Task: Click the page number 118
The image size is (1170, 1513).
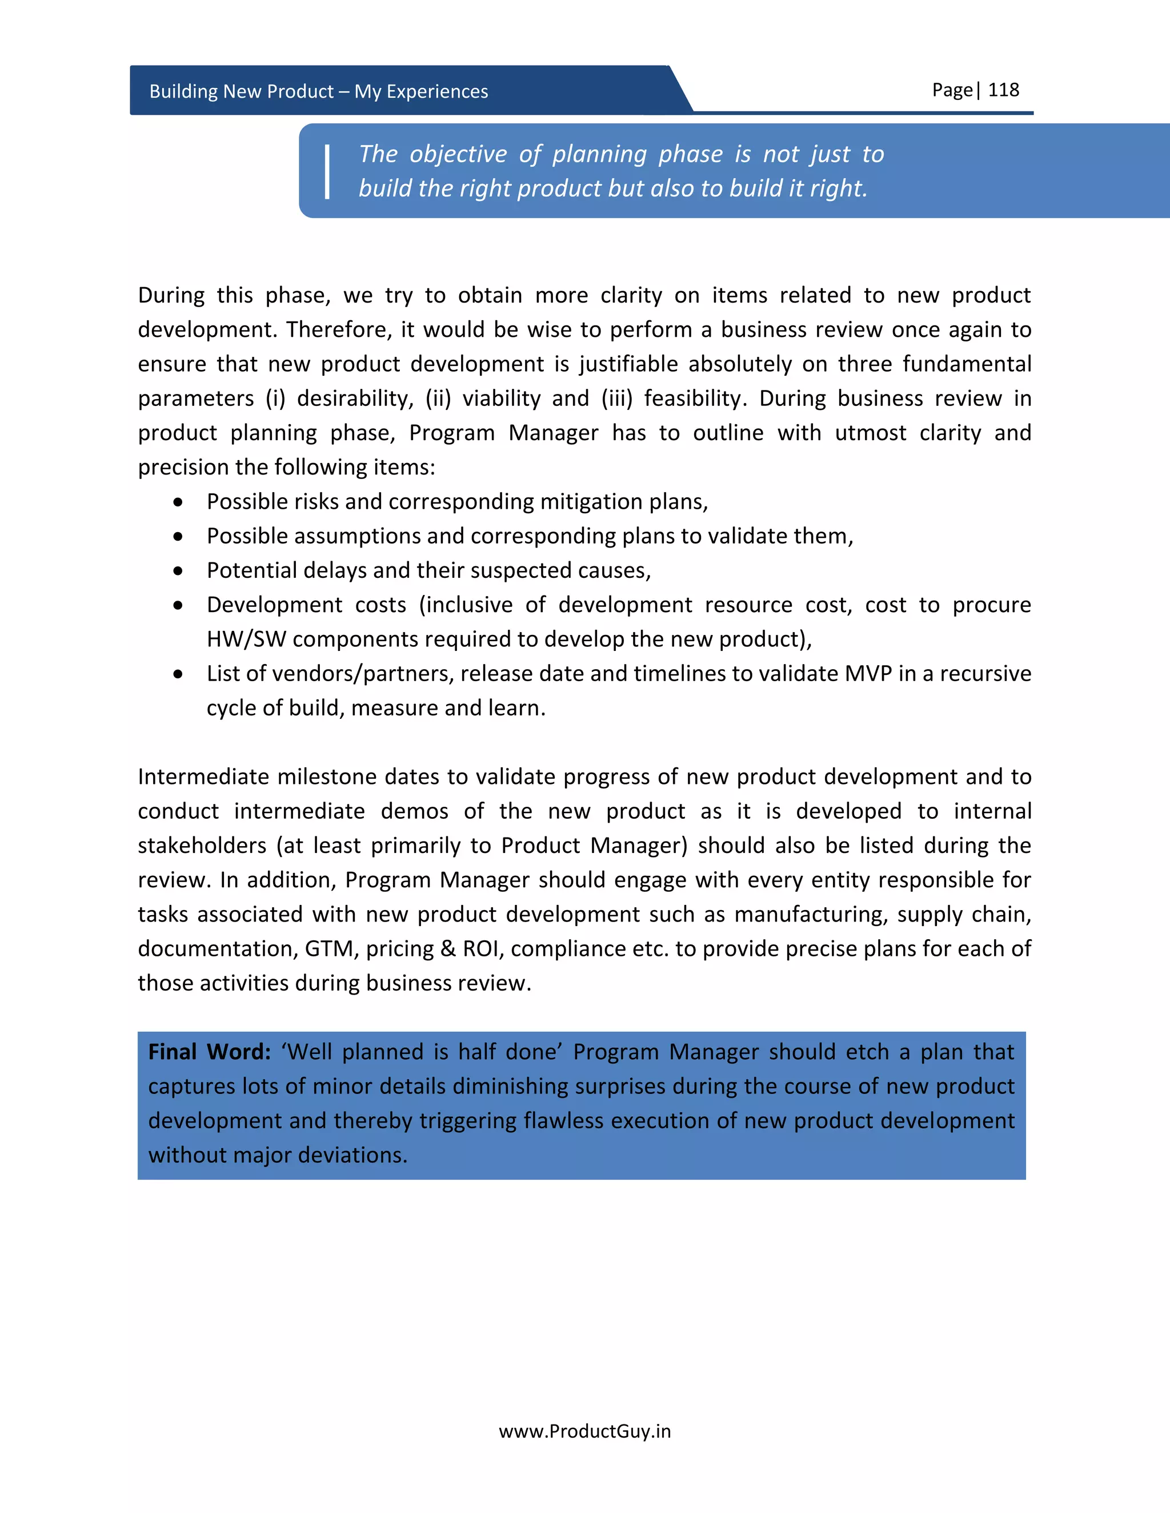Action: click(1003, 90)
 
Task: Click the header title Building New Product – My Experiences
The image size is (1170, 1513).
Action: click(318, 91)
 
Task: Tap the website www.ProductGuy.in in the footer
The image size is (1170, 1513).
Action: click(584, 1431)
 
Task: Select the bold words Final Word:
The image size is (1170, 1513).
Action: click(209, 1052)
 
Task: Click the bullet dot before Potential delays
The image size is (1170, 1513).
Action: click(179, 571)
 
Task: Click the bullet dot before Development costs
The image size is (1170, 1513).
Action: click(179, 605)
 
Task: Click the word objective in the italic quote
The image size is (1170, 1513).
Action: click(458, 154)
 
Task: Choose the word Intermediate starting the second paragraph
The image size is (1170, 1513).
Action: click(203, 776)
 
